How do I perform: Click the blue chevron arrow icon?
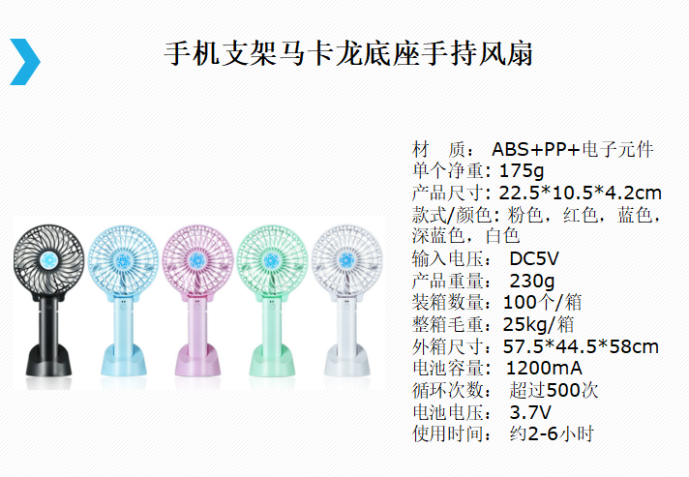[x=25, y=62]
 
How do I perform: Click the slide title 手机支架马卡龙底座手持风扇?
[x=348, y=54]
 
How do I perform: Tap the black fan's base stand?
[x=48, y=360]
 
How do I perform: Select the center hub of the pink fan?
[x=196, y=260]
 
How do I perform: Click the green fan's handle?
[x=271, y=324]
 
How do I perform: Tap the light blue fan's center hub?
[x=123, y=261]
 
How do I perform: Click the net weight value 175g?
[x=522, y=170]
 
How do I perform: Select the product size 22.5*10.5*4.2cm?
[x=580, y=193]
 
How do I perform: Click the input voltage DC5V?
[x=534, y=258]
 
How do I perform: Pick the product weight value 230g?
[x=532, y=281]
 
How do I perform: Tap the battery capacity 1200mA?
[x=544, y=368]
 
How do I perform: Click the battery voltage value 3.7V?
[x=530, y=412]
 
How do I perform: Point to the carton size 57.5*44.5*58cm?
[x=581, y=346]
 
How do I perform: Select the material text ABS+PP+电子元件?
[x=573, y=149]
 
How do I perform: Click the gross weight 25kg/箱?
[x=539, y=324]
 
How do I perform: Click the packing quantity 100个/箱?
[x=542, y=302]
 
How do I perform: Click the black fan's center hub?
[x=48, y=260]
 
